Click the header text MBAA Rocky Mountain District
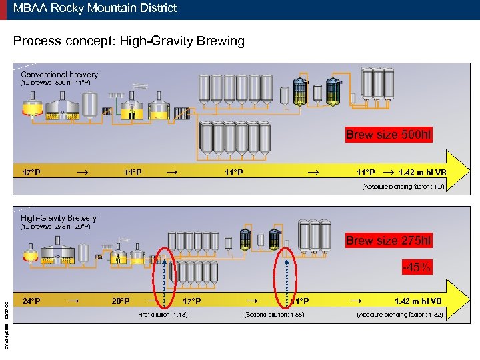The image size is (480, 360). tap(95, 9)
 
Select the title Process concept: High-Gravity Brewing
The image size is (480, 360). tap(129, 41)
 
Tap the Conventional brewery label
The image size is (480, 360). tap(59, 75)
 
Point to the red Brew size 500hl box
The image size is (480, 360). tap(389, 135)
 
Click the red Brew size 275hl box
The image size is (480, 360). tap(389, 241)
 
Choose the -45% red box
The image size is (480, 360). tap(416, 268)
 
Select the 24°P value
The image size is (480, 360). tap(31, 301)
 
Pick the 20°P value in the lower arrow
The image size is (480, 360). tap(121, 301)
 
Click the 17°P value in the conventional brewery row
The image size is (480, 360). tap(31, 173)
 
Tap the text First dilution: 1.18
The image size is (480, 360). tap(162, 314)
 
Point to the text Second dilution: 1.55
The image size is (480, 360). tap(275, 314)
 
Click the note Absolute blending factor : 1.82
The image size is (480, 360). tap(400, 314)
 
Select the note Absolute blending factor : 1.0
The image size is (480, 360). tap(403, 187)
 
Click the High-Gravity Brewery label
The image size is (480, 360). tap(59, 218)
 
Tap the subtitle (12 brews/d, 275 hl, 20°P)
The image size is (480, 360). tap(55, 227)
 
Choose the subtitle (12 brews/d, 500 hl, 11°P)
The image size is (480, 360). tap(55, 83)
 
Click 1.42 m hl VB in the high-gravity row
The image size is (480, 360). tap(417, 301)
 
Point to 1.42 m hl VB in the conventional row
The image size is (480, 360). tap(422, 173)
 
